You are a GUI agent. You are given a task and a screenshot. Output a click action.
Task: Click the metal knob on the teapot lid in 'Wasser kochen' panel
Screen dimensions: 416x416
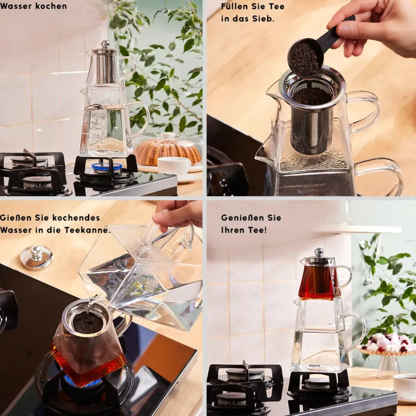pyautogui.click(x=106, y=44)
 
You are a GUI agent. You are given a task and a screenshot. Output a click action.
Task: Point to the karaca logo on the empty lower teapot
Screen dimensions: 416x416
pyautogui.click(x=314, y=366)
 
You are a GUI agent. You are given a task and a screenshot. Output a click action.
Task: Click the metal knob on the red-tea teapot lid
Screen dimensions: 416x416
pyautogui.click(x=319, y=251)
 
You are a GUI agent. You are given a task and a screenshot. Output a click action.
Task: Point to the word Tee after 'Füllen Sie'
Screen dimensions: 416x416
pyautogui.click(x=276, y=6)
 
